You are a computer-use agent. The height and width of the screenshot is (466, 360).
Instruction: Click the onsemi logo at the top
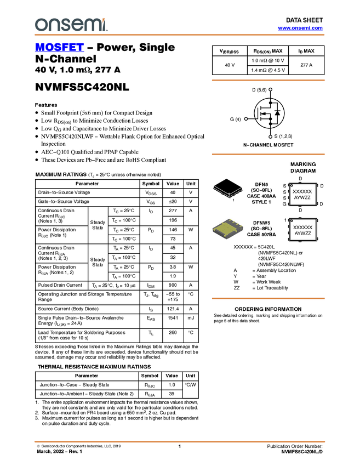[x=71, y=25]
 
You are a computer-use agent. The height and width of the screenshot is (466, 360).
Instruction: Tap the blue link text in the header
[x=300, y=28]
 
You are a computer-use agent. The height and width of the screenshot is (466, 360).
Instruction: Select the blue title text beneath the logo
[x=59, y=48]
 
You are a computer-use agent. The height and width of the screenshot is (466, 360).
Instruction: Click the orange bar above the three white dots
[x=268, y=81]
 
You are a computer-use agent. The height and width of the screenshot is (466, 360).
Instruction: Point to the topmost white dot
[x=271, y=89]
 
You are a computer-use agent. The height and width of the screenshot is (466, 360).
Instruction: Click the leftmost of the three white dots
[x=246, y=119]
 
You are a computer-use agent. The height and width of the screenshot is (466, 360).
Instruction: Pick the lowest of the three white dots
[x=271, y=137]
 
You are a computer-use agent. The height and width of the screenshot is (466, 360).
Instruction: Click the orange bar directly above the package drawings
[x=268, y=155]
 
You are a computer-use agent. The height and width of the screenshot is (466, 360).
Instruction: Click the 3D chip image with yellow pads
[x=228, y=229]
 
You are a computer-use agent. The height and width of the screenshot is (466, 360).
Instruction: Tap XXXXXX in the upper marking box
[x=302, y=191]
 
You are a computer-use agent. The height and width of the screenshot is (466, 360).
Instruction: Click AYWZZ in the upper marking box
[x=302, y=197]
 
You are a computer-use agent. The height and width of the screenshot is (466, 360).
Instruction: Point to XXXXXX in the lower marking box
[x=302, y=227]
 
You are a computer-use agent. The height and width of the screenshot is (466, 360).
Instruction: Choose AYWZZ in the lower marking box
[x=302, y=233]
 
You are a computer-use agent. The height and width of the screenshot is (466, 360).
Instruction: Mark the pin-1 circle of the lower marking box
[x=292, y=221]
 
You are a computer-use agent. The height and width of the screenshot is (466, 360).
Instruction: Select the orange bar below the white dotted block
[x=268, y=298]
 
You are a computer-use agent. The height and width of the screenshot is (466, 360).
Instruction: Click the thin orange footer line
[x=180, y=441]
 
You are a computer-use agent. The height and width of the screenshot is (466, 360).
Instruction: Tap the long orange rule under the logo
[x=180, y=35]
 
